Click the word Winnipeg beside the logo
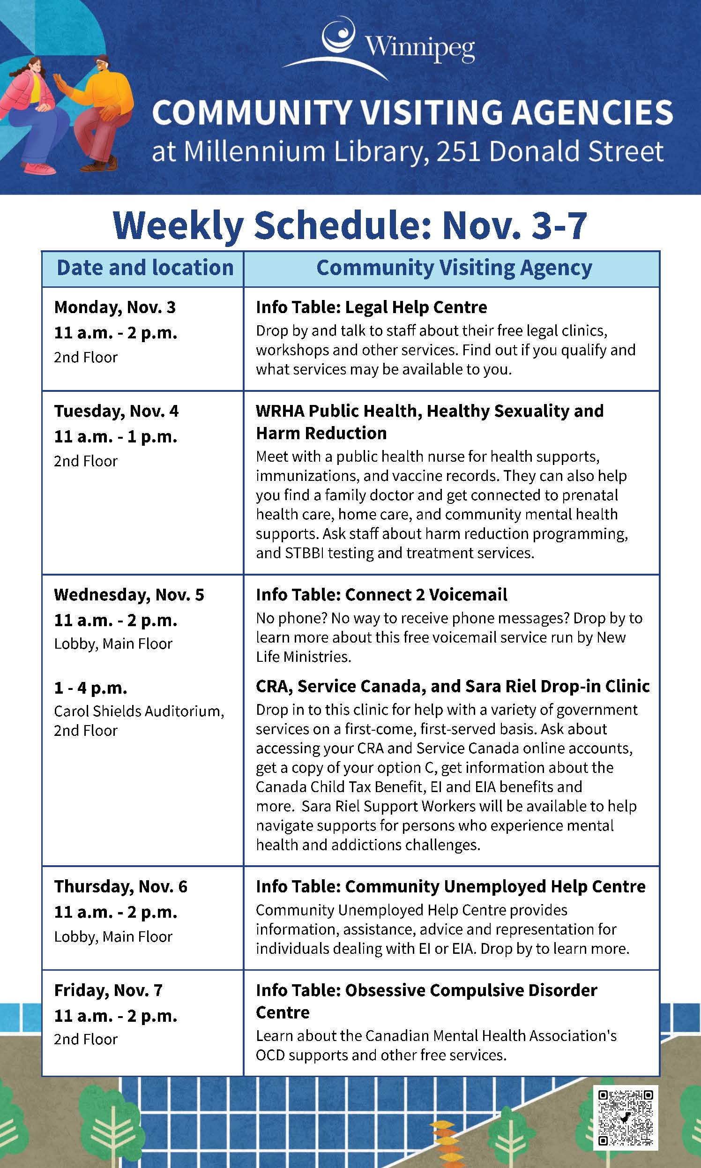click(420, 49)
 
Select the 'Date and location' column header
click(145, 268)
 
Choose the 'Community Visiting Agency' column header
click(454, 268)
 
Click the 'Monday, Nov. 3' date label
click(115, 307)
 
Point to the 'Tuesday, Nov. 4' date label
click(116, 411)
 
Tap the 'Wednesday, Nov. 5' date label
click(129, 595)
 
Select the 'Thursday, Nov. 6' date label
click(120, 887)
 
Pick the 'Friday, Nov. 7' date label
click(108, 990)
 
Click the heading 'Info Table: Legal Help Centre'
click(371, 307)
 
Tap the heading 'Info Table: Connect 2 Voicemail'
click(381, 595)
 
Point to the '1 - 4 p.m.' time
click(91, 688)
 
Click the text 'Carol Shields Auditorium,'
click(139, 711)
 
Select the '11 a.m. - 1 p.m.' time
click(116, 436)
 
